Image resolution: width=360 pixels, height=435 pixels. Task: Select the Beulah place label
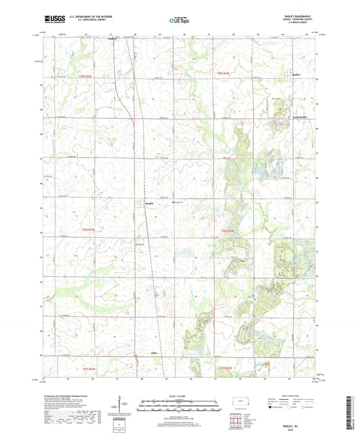pos(150,202)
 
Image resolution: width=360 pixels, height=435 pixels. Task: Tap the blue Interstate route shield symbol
pos(272,408)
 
